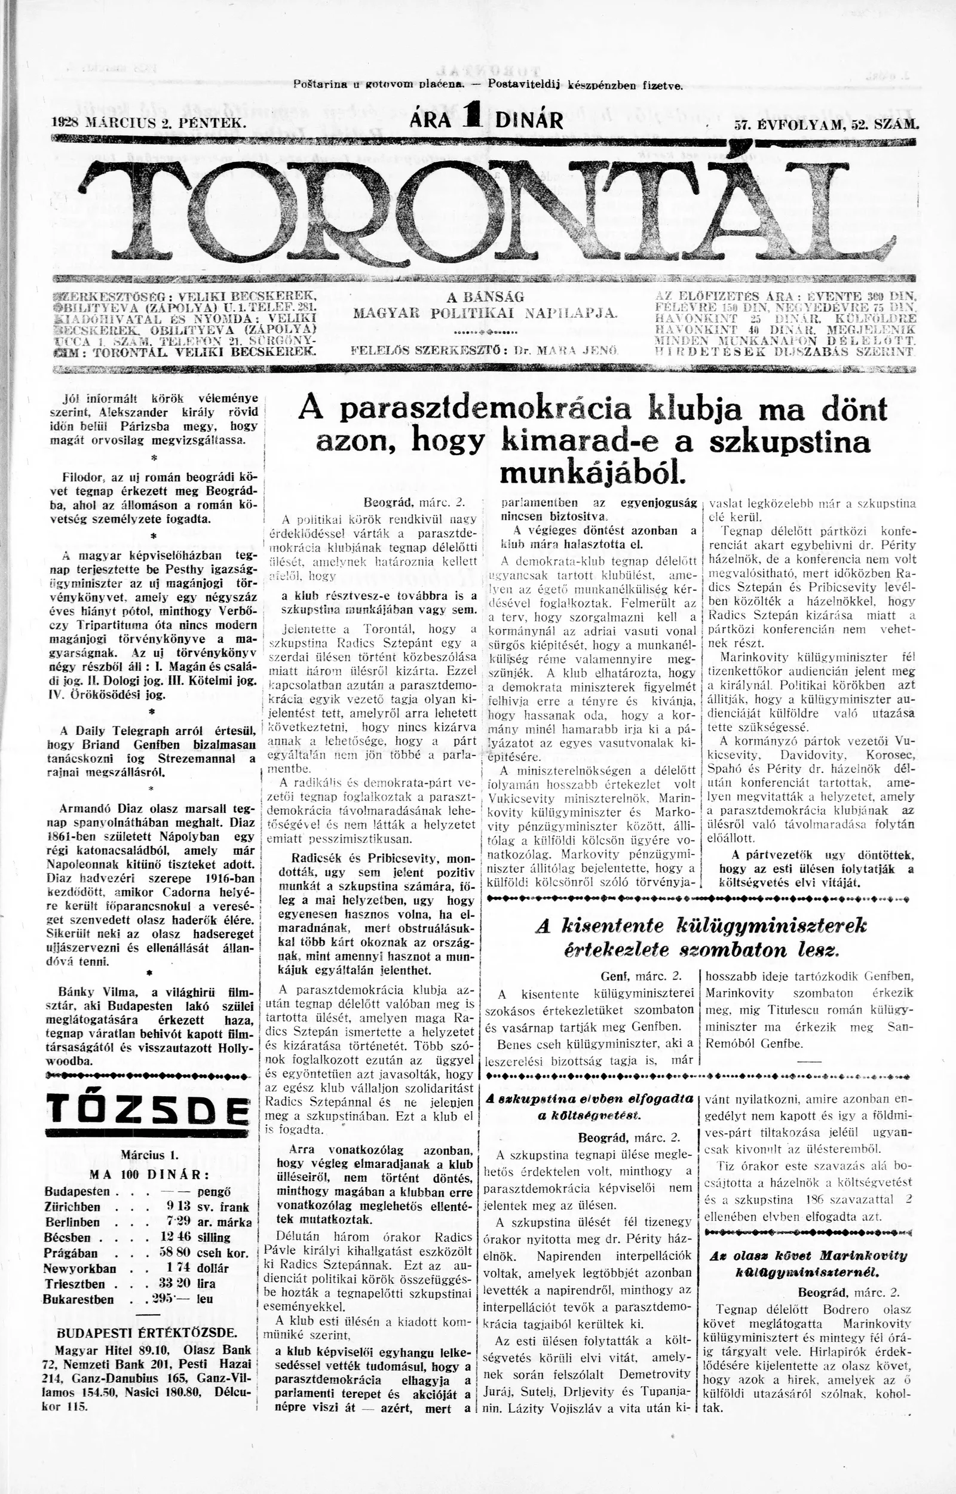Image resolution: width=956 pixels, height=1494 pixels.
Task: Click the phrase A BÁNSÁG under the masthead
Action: tap(485, 297)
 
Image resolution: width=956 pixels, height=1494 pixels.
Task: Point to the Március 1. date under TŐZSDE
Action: tap(149, 1155)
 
